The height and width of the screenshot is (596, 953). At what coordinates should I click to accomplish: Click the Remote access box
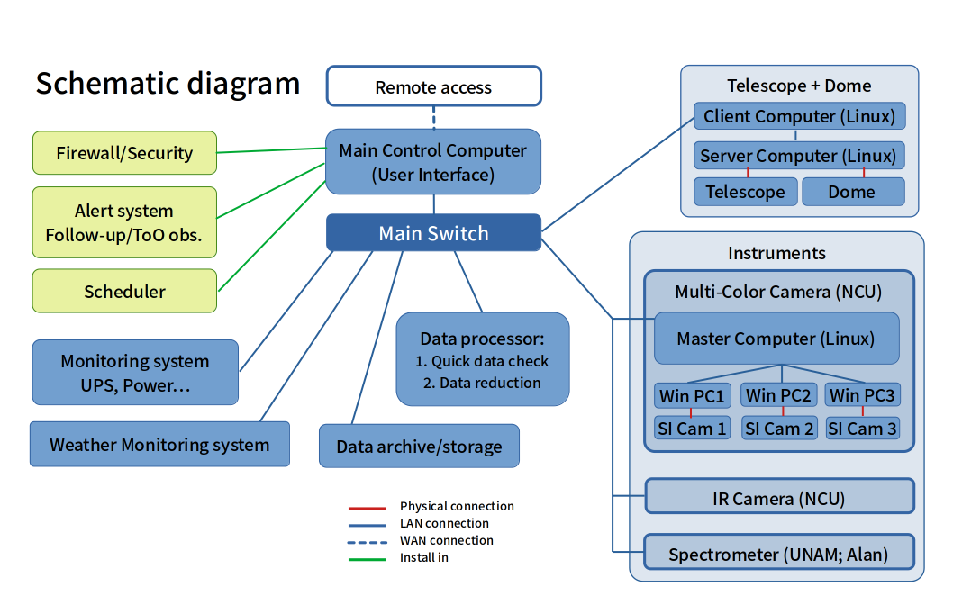click(x=433, y=87)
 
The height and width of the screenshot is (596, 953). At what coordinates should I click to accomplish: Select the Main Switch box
click(x=433, y=233)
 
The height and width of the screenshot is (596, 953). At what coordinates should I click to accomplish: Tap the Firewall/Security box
click(x=124, y=153)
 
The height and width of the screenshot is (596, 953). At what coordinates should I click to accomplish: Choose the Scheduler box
click(x=124, y=292)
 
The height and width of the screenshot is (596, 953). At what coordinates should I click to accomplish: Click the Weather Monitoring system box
click(x=159, y=445)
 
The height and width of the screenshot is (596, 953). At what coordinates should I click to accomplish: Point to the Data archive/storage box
click(x=419, y=447)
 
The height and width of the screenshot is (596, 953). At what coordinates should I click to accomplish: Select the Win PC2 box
click(x=778, y=395)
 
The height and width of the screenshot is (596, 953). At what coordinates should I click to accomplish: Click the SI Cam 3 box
click(x=862, y=429)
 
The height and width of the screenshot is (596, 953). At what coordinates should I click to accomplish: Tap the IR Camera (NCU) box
click(x=779, y=498)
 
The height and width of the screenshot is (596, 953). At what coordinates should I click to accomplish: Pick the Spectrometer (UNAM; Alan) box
click(x=778, y=554)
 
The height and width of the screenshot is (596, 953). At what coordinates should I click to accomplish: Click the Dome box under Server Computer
click(x=852, y=192)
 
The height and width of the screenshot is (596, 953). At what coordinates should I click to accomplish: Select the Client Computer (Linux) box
click(x=799, y=116)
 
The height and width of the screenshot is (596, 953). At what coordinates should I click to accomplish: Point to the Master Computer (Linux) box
click(x=776, y=339)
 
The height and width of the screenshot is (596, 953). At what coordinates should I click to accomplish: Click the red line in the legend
click(x=367, y=507)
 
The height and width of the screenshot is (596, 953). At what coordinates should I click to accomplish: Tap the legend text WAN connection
click(x=447, y=540)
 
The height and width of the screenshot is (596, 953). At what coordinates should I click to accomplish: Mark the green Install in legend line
click(x=367, y=558)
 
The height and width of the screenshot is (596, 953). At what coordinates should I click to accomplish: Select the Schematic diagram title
click(x=168, y=83)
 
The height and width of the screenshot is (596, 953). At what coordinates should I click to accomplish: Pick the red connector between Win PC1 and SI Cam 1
click(x=691, y=412)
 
